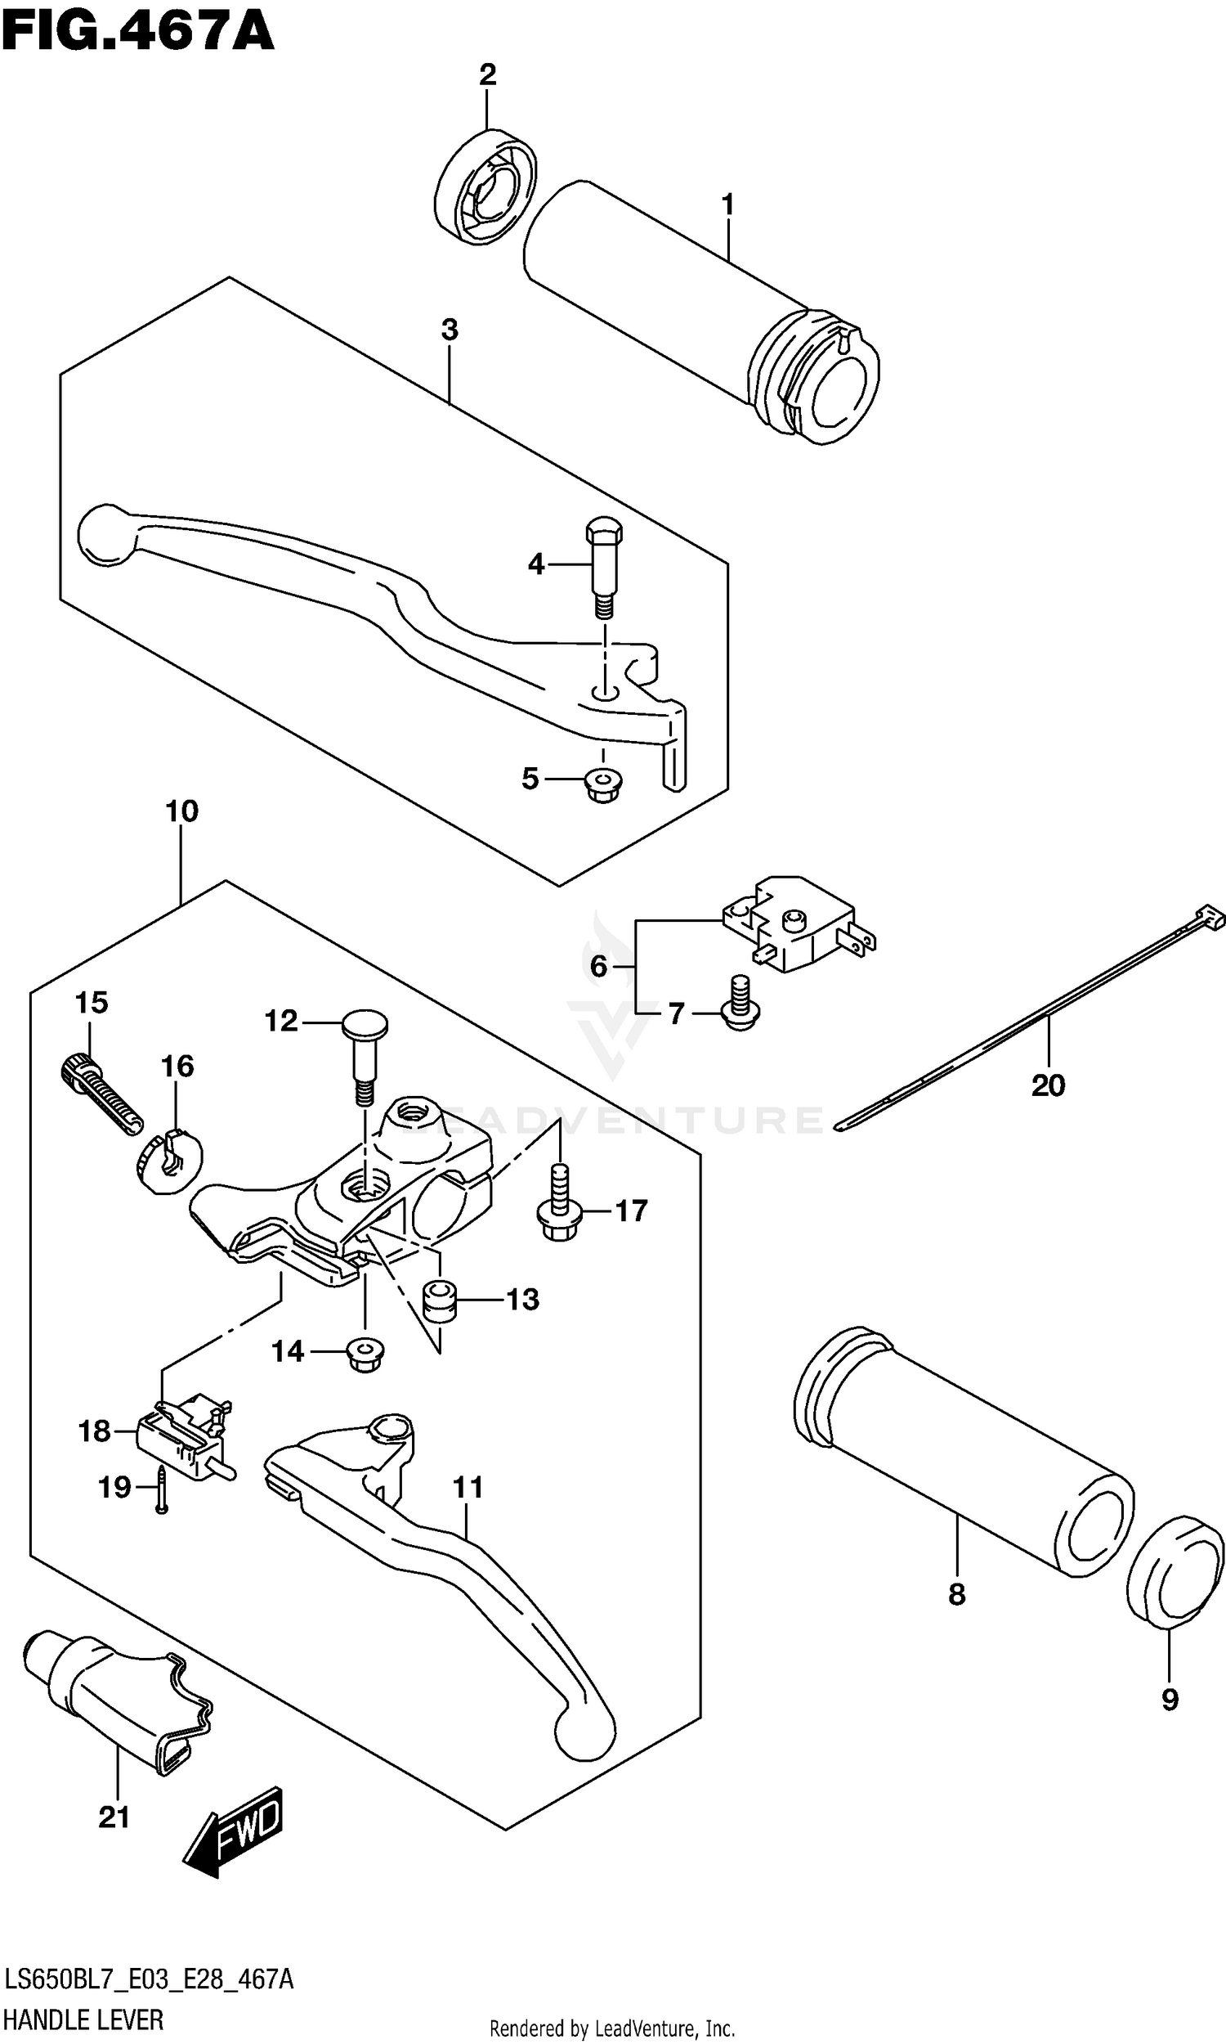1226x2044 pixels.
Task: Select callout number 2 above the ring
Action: (x=487, y=75)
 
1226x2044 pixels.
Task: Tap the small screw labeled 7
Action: (x=741, y=1004)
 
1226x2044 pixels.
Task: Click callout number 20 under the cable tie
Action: (x=1048, y=1085)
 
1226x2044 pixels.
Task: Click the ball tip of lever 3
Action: (x=105, y=535)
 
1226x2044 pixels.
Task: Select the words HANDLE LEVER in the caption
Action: (x=83, y=2019)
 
